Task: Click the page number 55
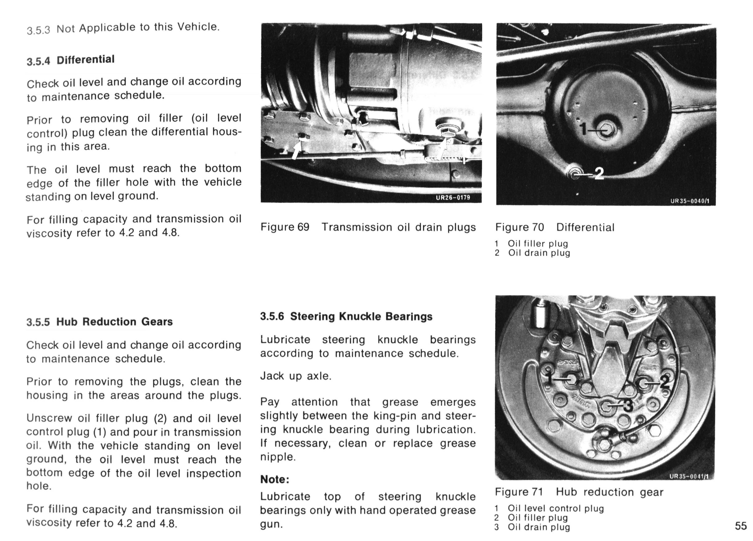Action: coord(741,526)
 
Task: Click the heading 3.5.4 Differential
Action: coord(71,60)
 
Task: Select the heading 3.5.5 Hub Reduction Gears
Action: coord(100,322)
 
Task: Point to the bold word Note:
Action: coord(275,479)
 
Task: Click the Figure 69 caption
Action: coord(368,227)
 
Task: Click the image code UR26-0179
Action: coord(453,198)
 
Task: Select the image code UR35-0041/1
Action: coord(689,476)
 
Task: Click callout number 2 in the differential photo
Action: coord(599,173)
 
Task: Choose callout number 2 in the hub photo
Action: coord(664,382)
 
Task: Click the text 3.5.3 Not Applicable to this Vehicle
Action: coord(123,28)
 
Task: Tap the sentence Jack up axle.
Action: coord(296,376)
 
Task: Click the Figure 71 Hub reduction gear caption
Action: coord(579,492)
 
